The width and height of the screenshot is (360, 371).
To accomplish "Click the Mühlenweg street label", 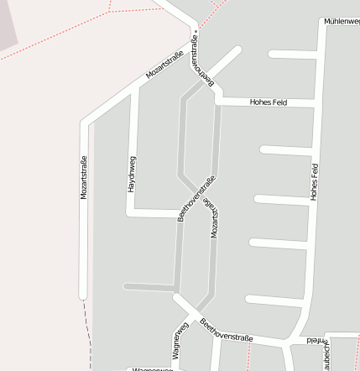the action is coord(341,21).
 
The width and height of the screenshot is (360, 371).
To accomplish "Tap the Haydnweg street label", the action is coord(132,174).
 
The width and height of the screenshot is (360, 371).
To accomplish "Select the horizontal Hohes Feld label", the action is coord(269,102).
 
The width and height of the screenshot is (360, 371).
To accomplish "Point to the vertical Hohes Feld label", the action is coord(315,180).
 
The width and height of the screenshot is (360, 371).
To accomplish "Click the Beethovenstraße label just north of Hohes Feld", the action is coord(202,60).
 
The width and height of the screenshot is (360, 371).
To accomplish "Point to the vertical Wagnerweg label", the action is coord(179,339).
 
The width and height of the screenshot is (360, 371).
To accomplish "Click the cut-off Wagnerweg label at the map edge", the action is coord(152,368).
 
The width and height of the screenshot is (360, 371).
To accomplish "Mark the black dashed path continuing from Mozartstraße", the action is coord(86,327).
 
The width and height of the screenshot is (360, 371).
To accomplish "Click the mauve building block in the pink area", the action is coord(8,23).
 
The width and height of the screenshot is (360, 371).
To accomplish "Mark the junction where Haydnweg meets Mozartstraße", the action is coord(135,88).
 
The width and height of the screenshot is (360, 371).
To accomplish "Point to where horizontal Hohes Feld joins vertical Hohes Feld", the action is coord(317,102).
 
